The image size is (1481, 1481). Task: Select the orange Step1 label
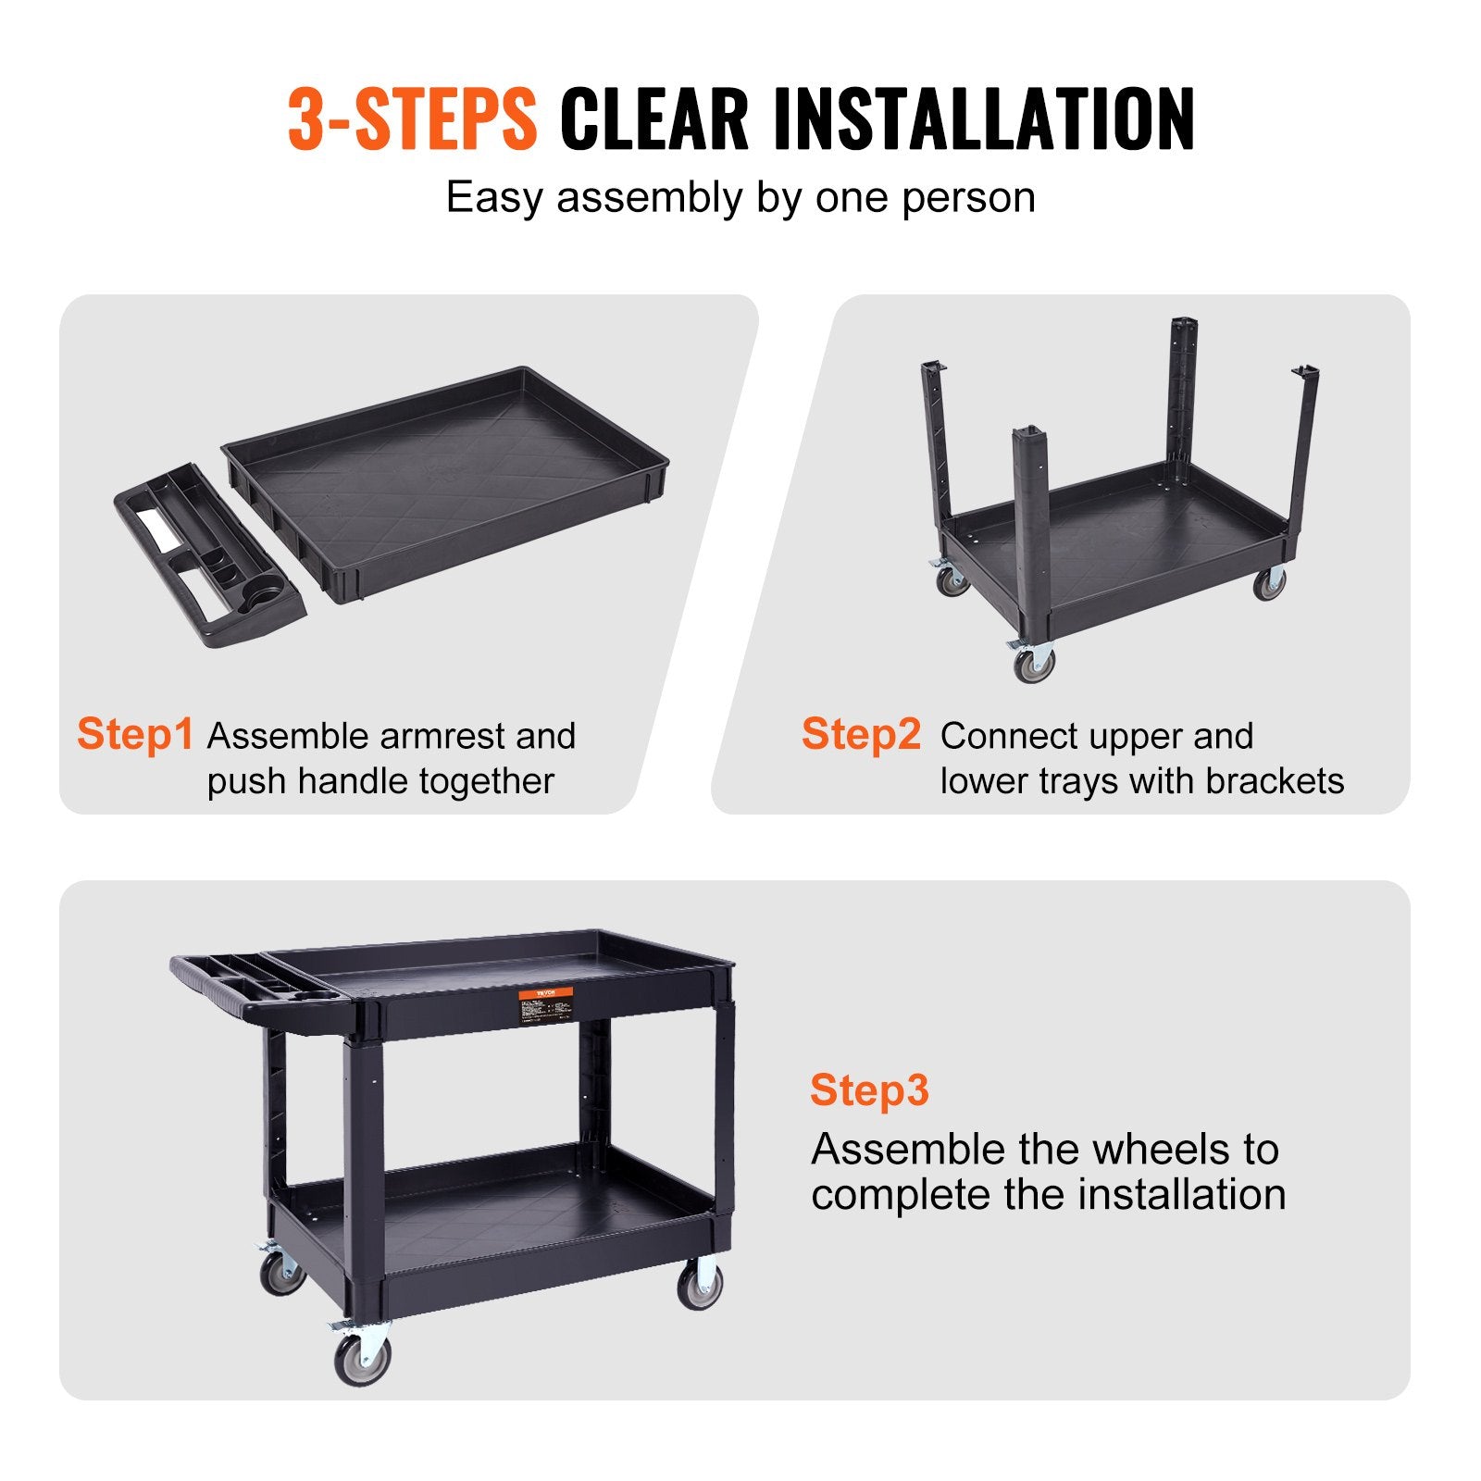click(135, 734)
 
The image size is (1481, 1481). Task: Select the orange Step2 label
click(861, 734)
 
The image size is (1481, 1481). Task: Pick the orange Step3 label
click(868, 1090)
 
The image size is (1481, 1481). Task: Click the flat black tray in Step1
click(444, 472)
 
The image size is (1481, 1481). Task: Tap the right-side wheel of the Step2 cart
click(1269, 583)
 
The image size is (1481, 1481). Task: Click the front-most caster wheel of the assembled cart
click(361, 1357)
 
